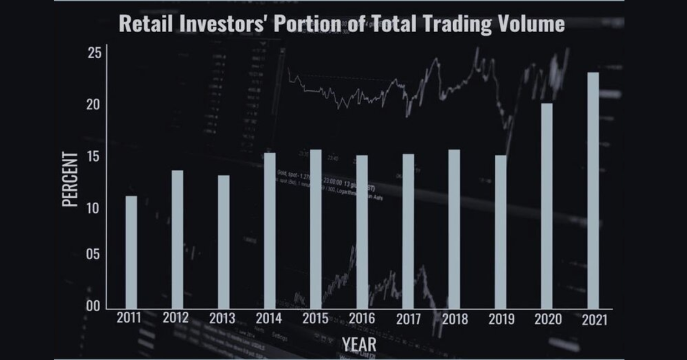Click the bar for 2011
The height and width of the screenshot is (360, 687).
point(131,252)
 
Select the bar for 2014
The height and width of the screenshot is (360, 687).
point(269,230)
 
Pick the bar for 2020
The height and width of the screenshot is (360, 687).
point(547,205)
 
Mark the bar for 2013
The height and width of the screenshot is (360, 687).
point(223,241)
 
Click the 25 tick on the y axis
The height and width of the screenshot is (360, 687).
point(94,53)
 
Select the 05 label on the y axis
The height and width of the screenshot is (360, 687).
point(94,255)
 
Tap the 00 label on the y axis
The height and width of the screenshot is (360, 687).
point(94,306)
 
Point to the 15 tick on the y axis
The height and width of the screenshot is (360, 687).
point(94,157)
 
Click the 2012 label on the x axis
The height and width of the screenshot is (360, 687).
point(176,318)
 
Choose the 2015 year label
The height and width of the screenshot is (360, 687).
point(315,319)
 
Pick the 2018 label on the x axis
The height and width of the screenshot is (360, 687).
point(454,319)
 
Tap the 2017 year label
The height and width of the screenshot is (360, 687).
point(409,319)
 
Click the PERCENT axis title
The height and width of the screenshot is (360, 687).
point(70,179)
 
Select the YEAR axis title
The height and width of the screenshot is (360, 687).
point(359,344)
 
